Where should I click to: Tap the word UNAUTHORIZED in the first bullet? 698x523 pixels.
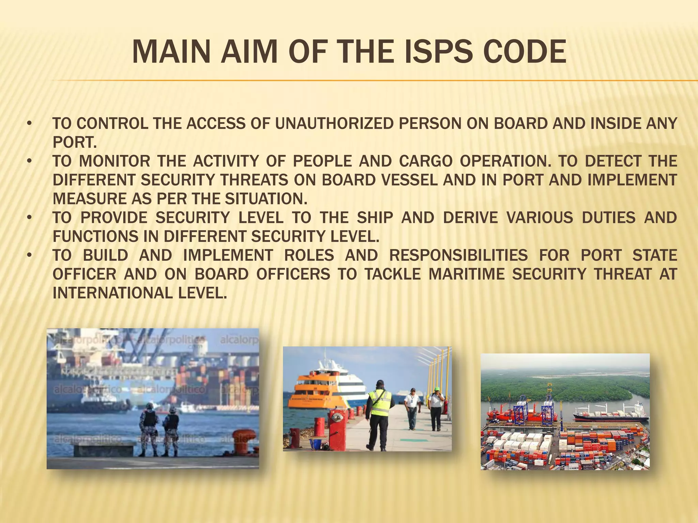[x=334, y=124]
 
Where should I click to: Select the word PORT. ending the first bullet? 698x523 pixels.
[x=75, y=142]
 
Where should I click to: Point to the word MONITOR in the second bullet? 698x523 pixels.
[x=115, y=161]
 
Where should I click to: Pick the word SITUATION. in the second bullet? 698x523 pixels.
[x=266, y=199]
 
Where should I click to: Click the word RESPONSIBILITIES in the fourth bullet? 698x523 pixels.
[x=458, y=255]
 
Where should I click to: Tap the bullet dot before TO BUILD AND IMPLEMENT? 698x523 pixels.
[x=30, y=255]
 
